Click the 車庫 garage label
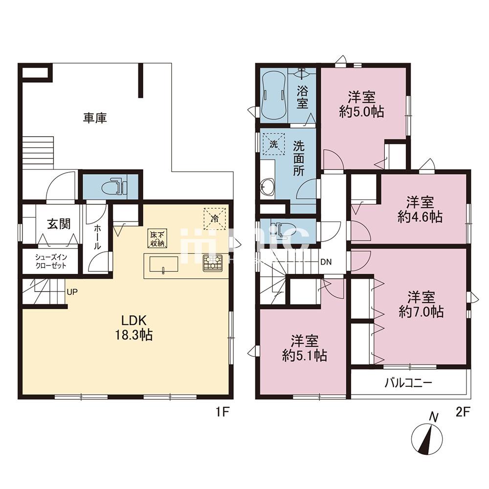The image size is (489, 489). click(x=95, y=118)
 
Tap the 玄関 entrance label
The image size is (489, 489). click(x=59, y=224)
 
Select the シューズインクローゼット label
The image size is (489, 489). click(x=50, y=262)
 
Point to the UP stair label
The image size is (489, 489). click(x=72, y=292)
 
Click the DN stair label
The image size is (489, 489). click(x=326, y=262)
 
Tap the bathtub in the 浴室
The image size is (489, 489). click(x=273, y=96)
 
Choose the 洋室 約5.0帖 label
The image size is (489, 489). click(x=361, y=103)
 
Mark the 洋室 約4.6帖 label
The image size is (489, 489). click(x=420, y=209)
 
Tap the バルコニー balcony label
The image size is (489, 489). click(x=408, y=383)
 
